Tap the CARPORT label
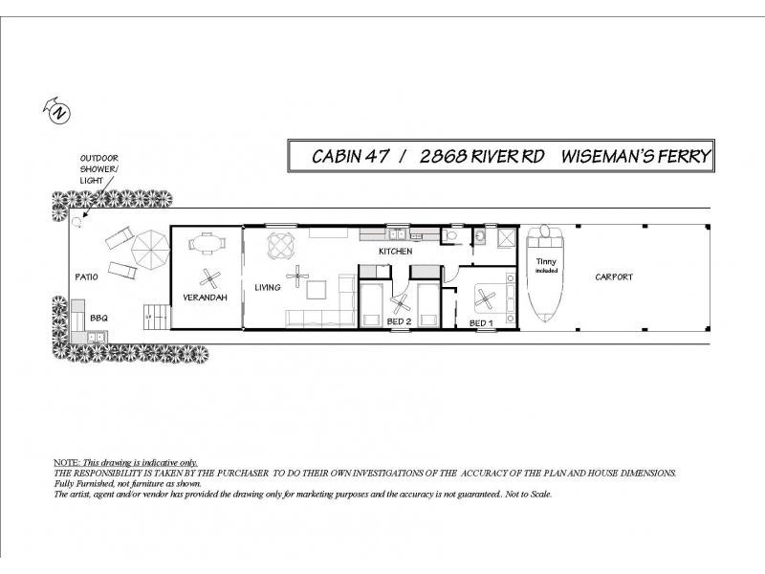pyautogui.click(x=613, y=277)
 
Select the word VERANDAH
pyautogui.click(x=204, y=298)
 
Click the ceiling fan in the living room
pyautogui.click(x=299, y=278)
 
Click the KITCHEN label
pyautogui.click(x=395, y=252)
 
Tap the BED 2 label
pyautogui.click(x=399, y=322)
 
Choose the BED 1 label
pyautogui.click(x=481, y=323)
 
